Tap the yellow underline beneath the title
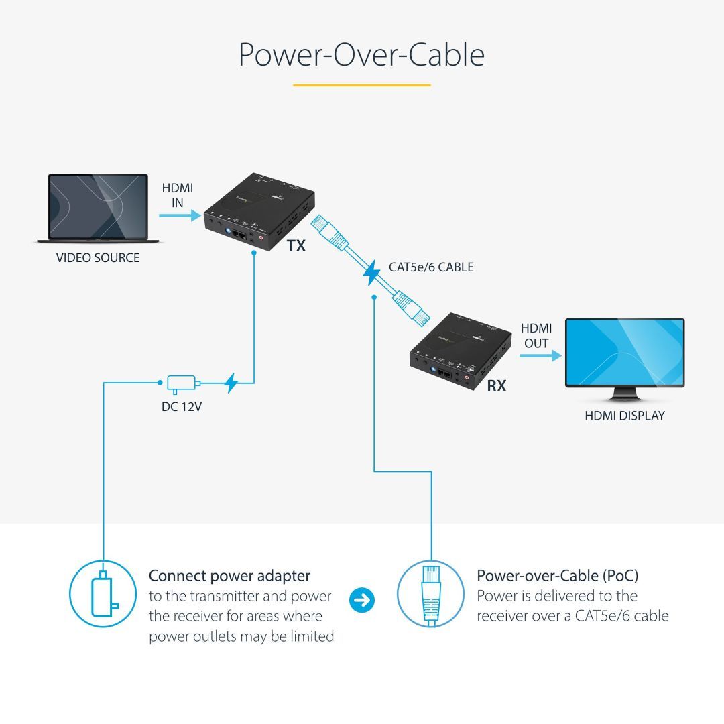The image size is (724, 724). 361,85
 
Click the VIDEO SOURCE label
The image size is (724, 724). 98,258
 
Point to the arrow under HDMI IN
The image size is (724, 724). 180,215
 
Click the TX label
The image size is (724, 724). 296,246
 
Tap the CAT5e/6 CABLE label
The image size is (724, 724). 431,267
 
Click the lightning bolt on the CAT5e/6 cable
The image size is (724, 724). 371,274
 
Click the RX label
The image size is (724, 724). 497,386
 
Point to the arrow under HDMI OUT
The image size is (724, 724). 540,357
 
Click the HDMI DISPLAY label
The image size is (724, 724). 624,416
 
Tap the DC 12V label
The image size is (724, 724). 181,406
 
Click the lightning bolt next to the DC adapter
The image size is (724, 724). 231,383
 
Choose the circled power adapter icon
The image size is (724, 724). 103,593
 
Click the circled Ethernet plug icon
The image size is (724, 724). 430,593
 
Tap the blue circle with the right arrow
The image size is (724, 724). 363,600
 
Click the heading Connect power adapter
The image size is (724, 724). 229,576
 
